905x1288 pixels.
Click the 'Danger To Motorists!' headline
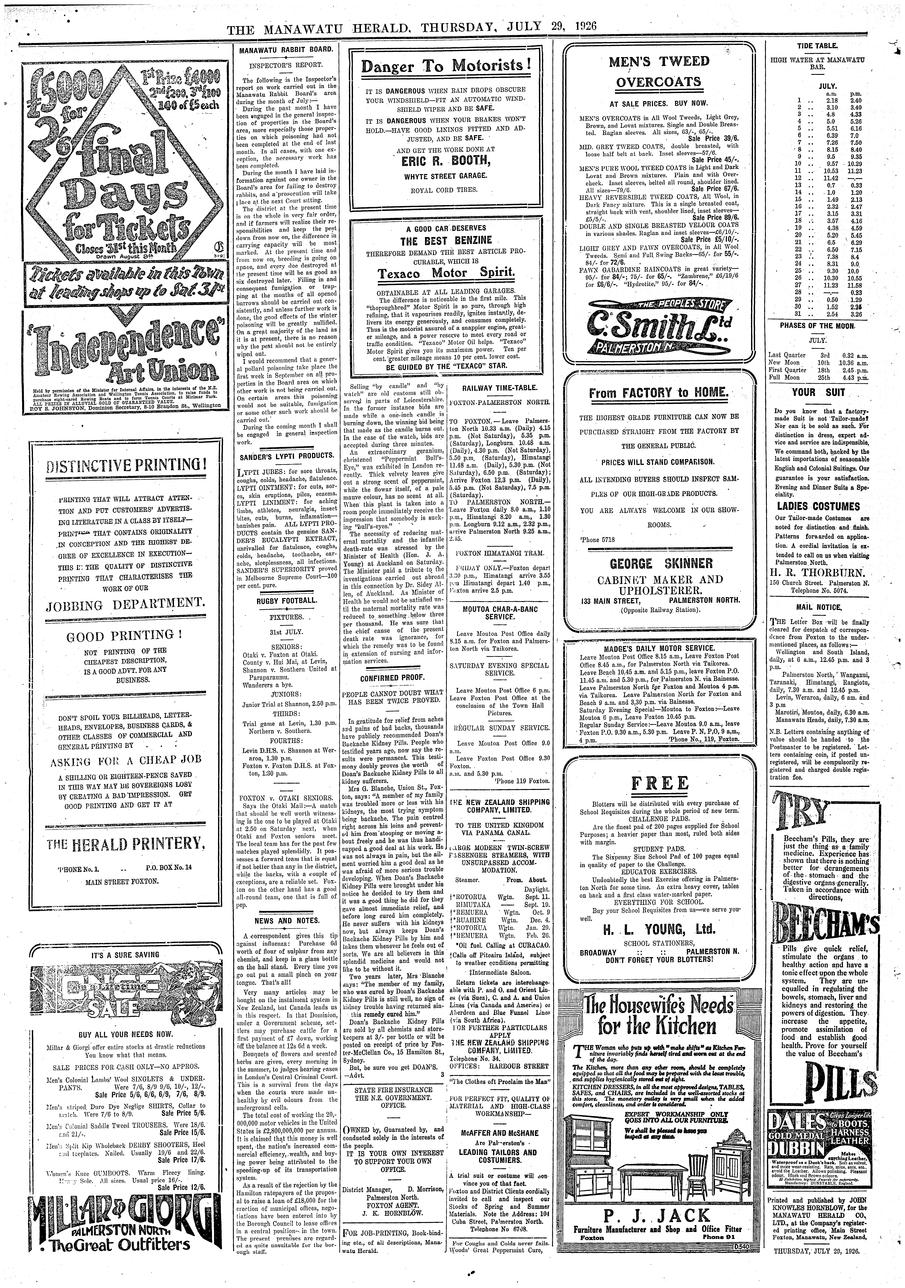point(446,66)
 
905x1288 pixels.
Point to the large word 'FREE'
point(659,783)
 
